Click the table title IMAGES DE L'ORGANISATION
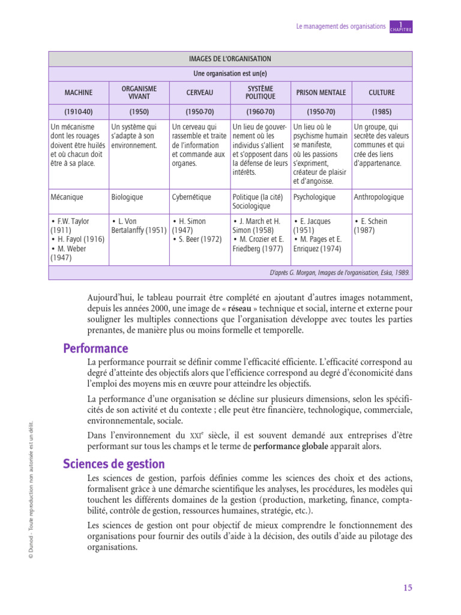click(230, 59)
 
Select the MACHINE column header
click(79, 92)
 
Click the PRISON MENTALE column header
click(321, 92)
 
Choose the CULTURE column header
click(382, 92)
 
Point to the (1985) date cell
click(382, 112)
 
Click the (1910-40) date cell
click(79, 112)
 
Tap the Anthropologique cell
click(379, 197)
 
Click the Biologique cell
click(127, 197)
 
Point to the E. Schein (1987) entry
click(372, 226)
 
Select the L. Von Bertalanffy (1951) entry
click(139, 226)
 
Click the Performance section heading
click(95, 348)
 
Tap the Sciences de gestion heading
click(114, 464)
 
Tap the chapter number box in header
click(400, 26)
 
